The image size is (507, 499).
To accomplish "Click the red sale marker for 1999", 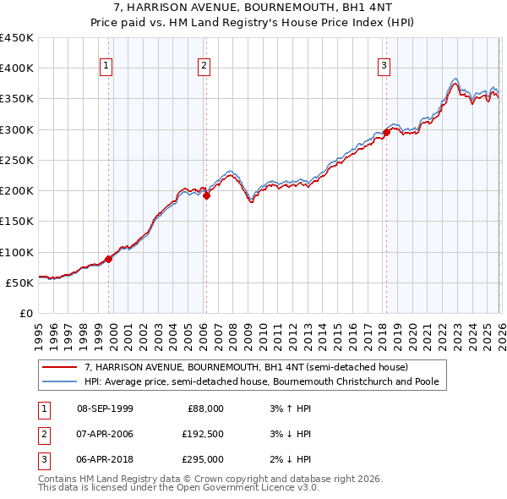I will click(x=109, y=260).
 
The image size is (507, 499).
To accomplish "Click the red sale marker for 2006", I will click(x=206, y=195).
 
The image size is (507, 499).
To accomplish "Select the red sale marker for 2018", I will click(x=386, y=132).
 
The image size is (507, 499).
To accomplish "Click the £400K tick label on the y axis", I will click(x=17, y=69).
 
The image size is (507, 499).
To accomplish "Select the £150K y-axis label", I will click(x=17, y=222).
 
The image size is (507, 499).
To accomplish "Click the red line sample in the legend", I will click(x=61, y=368).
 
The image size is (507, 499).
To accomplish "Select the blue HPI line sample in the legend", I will click(x=61, y=382).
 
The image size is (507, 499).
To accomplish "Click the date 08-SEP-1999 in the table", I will click(x=105, y=409).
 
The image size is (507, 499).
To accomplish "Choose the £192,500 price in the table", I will click(x=203, y=434).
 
